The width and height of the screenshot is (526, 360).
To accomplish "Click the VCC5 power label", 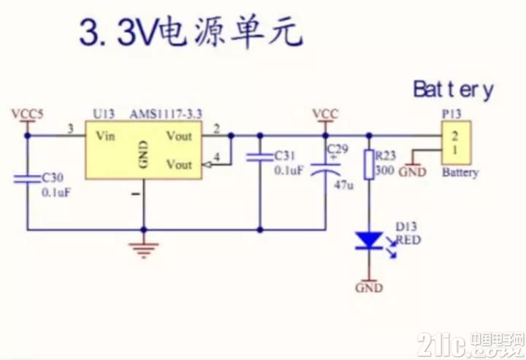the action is (28, 114).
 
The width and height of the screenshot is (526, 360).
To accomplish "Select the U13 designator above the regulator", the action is (103, 115).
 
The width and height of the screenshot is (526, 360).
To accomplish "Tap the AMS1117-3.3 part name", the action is (166, 115).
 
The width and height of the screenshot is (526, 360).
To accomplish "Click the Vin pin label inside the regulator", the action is (105, 136).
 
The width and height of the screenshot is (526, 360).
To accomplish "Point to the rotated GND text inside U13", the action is (143, 154).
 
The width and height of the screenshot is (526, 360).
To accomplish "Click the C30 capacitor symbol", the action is (27, 179).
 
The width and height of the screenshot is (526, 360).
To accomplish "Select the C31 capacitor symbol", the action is (259, 157).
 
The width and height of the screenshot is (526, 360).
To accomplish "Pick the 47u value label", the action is (344, 185).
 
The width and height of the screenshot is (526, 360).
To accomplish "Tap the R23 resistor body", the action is (369, 164).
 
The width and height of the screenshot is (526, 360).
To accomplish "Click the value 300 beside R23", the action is (384, 170).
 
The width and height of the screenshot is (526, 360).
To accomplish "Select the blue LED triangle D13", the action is (369, 240).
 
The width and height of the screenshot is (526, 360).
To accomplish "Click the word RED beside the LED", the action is (408, 240).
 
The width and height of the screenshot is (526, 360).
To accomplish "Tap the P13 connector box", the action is (456, 142).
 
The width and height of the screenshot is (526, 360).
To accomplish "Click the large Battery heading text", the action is (453, 90).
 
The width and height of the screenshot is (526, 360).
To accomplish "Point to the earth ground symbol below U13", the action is (144, 250).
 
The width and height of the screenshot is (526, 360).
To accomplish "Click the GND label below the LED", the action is (369, 288).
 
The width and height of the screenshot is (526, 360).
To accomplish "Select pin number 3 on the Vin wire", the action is (70, 129).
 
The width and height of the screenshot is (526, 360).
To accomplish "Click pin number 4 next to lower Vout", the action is (217, 156).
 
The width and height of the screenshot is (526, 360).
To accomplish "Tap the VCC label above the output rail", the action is (325, 114).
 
